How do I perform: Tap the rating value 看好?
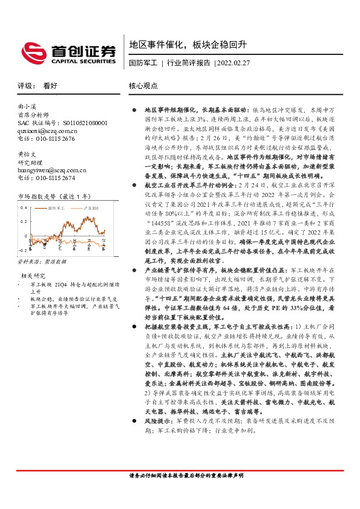pyautogui.click(x=50, y=86)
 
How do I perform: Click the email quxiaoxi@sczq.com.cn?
pyautogui.click(x=47, y=130)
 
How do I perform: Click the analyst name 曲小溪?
pyautogui.click(x=28, y=106)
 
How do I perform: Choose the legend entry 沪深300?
pyautogui.click(x=90, y=207)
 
